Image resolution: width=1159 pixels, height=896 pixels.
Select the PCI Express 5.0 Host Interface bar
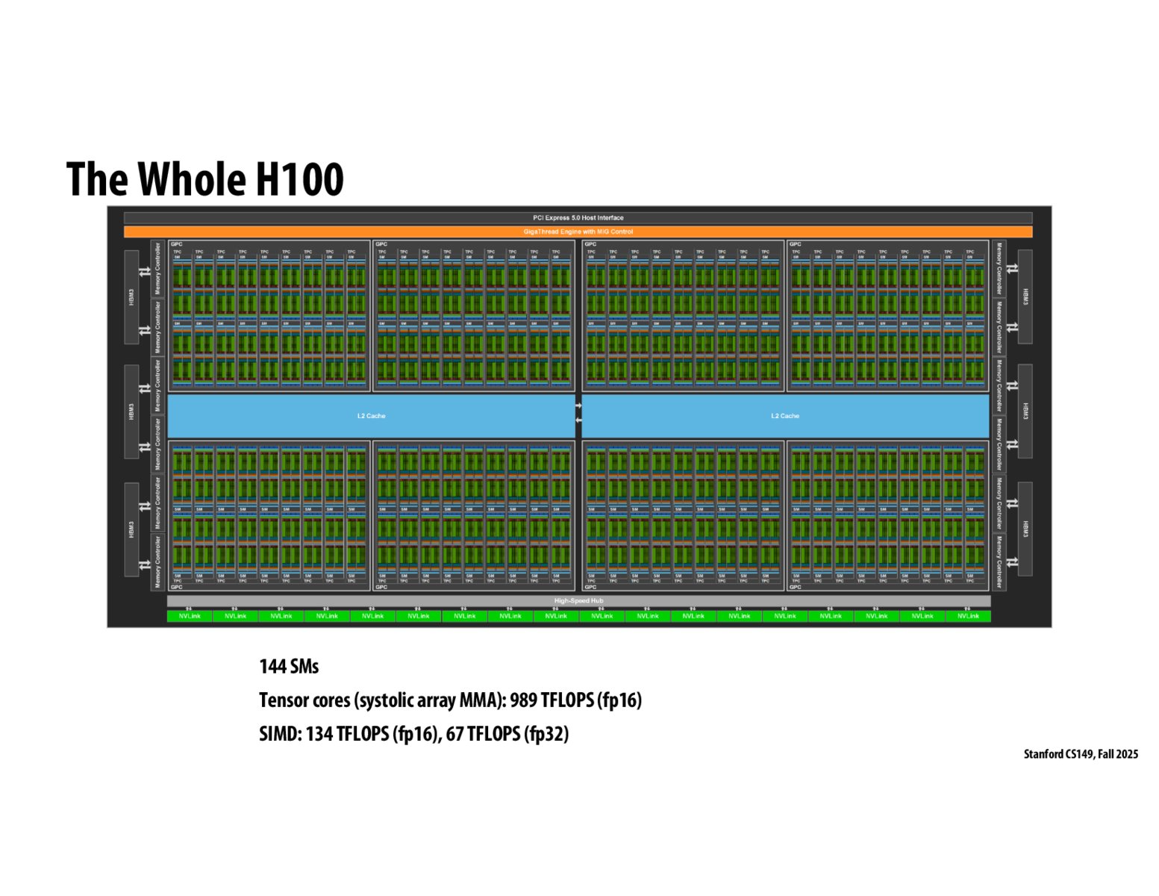point(578,218)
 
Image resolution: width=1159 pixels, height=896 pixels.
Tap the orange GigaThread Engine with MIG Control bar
point(578,231)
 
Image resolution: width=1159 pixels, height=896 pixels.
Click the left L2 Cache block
point(371,416)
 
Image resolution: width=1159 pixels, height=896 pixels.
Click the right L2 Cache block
point(785,416)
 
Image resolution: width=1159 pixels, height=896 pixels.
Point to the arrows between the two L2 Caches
point(578,413)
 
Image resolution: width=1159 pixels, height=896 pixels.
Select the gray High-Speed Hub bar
point(578,600)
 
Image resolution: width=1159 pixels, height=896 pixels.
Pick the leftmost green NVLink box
point(190,616)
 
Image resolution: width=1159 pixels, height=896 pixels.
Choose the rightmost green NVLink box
point(968,616)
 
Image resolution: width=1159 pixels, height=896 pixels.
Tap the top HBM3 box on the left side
point(131,296)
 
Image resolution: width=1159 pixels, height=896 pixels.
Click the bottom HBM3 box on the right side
point(1025,529)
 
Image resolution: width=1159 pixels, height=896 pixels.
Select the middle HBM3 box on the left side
point(131,411)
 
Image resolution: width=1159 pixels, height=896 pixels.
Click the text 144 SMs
point(289,666)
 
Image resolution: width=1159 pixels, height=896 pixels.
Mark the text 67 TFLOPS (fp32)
point(507,734)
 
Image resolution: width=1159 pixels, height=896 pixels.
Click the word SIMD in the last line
point(280,734)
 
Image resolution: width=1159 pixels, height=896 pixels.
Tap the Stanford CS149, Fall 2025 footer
point(1080,754)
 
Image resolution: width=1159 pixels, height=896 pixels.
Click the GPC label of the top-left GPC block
point(177,244)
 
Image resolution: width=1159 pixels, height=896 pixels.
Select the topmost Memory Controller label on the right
point(999,268)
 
